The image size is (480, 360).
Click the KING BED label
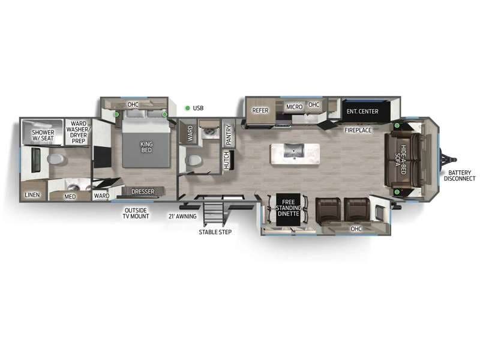(x=146, y=146)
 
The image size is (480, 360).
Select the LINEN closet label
(x=32, y=195)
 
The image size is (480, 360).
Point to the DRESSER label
(x=143, y=192)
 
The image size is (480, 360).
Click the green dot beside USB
(x=188, y=108)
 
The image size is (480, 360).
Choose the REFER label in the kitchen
(x=260, y=110)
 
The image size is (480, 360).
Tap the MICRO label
(x=294, y=107)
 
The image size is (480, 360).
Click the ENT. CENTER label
(x=362, y=111)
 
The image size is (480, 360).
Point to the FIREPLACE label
(x=358, y=130)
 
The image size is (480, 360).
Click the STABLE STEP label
(x=215, y=232)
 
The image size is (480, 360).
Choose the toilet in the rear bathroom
(x=56, y=160)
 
